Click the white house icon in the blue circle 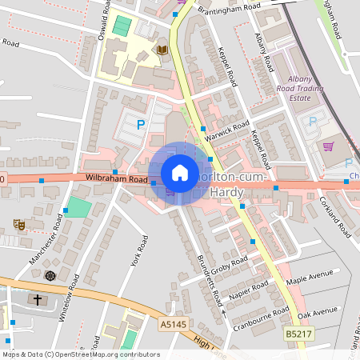click(x=180, y=173)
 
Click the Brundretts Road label click(x=209, y=281)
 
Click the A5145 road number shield click(x=172, y=324)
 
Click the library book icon click(x=162, y=50)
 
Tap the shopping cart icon click(x=328, y=146)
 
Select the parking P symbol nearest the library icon click(x=141, y=124)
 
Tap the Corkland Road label click(x=334, y=217)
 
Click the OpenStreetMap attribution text click(x=80, y=354)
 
